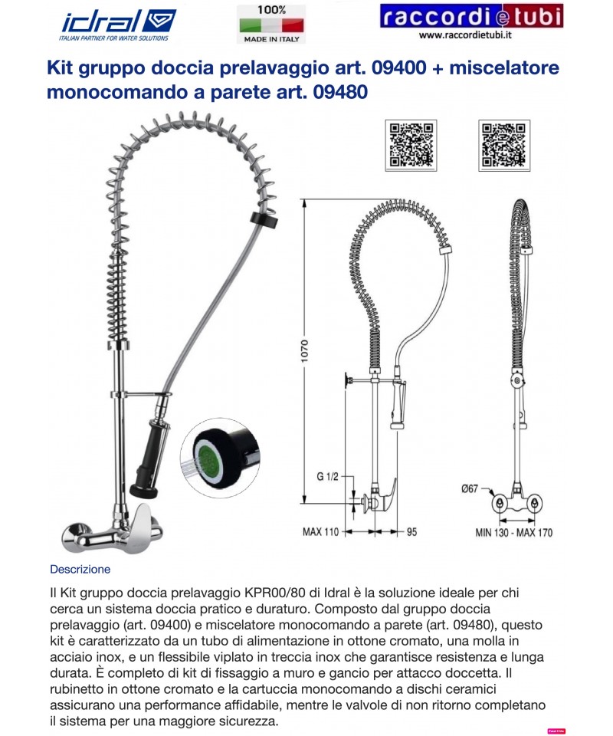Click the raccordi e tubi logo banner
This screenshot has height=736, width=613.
pos(470,16)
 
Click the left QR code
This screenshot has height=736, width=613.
pos(412,143)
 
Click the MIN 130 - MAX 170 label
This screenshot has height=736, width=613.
pos(513,532)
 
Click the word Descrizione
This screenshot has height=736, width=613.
pos(80,570)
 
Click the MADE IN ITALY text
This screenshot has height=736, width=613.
pos(271,38)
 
